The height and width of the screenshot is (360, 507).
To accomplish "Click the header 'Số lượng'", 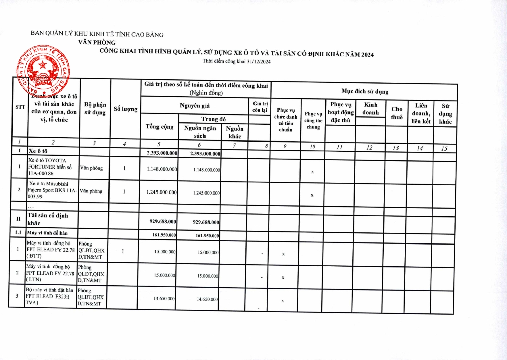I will (125, 109).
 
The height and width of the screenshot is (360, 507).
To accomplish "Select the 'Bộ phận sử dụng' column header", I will (95, 109).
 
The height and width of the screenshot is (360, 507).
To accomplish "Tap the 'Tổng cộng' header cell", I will (160, 127).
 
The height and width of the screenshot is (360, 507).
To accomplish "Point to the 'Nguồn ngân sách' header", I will (200, 132).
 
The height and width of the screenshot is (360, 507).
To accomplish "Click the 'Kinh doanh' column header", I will (370, 109).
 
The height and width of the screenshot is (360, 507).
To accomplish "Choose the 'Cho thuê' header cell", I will (397, 113).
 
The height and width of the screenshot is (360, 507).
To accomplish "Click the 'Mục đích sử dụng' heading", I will (365, 92).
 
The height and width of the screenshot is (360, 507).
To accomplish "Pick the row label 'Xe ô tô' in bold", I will (38, 151).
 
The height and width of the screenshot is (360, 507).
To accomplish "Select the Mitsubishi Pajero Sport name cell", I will (52, 190).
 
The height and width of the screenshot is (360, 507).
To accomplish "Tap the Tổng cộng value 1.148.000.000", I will (162, 169).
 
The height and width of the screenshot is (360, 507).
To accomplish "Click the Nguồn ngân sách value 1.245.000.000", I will (206, 193).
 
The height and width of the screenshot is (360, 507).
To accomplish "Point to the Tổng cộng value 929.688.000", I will (163, 222).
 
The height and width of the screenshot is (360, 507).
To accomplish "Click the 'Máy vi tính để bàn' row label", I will (47, 233).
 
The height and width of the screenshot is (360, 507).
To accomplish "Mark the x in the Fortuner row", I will (312, 172).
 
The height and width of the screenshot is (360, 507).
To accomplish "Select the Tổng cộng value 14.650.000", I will (164, 299).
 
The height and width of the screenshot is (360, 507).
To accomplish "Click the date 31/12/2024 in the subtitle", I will (259, 62).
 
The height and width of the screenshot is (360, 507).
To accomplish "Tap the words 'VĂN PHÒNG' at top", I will (97, 42).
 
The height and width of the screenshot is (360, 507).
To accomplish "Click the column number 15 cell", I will (444, 149).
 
